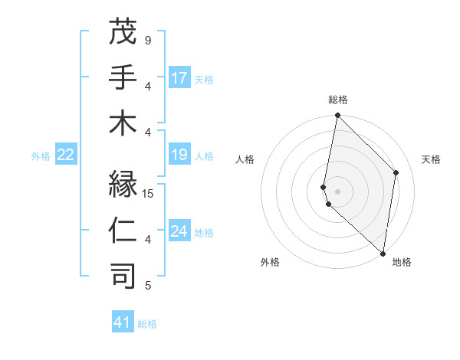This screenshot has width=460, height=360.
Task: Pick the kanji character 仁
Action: pyautogui.click(x=123, y=231)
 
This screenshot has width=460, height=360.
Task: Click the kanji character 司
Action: pyautogui.click(x=123, y=277)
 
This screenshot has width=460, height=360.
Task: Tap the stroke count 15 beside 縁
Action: pyautogui.click(x=149, y=194)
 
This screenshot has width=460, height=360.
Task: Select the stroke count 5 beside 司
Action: pyautogui.click(x=147, y=286)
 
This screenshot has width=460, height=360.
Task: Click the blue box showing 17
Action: pyautogui.click(x=179, y=77)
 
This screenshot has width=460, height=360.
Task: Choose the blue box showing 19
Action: pyautogui.click(x=179, y=155)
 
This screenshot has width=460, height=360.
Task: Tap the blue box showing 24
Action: pyautogui.click(x=179, y=231)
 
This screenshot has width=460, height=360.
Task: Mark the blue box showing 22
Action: pyautogui.click(x=65, y=155)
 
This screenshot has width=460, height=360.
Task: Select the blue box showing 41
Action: pyautogui.click(x=123, y=322)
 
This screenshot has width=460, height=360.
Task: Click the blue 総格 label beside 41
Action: pyautogui.click(x=147, y=324)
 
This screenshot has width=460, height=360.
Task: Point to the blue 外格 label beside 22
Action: pyautogui.click(x=41, y=156)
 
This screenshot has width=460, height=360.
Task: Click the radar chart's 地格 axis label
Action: pyautogui.click(x=402, y=262)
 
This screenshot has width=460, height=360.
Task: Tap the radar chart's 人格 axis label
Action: pyautogui.click(x=245, y=159)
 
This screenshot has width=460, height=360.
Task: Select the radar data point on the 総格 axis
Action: pyautogui.click(x=337, y=116)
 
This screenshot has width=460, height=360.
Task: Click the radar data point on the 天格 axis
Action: pyautogui.click(x=396, y=172)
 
